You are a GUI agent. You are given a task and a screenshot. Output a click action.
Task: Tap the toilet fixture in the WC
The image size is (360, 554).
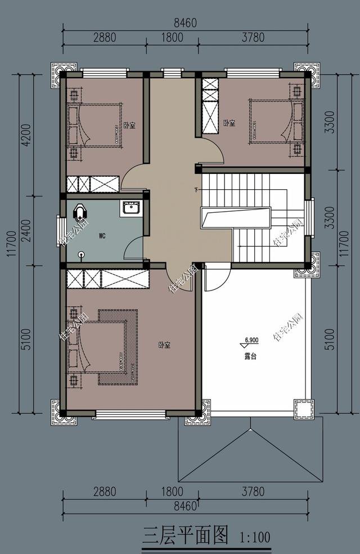(82, 212)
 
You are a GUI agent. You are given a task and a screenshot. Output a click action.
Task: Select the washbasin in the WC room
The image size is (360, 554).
(131, 209)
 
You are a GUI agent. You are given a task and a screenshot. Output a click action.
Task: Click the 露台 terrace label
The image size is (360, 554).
(251, 356)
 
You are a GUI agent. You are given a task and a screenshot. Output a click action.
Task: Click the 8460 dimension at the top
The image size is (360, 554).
(185, 23)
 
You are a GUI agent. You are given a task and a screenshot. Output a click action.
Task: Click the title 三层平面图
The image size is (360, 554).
(186, 535)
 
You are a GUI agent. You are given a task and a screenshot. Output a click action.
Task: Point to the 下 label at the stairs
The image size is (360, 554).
(197, 189)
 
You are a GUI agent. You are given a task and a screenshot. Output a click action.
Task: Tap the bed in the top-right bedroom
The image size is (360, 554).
(270, 121)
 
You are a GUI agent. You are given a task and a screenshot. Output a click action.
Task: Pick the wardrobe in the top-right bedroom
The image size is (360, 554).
(210, 105)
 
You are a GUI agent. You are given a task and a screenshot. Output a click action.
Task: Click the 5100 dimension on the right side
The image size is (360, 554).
(330, 339)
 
